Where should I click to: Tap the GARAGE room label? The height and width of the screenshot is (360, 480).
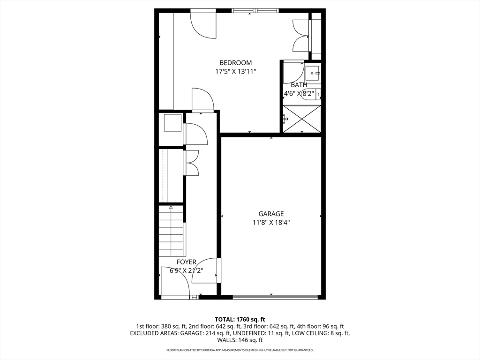tap(271, 214)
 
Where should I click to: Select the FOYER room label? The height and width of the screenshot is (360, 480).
tap(187, 262)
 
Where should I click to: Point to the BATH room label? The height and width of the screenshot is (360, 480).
tap(299, 85)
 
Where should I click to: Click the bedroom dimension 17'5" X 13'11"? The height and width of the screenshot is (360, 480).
tap(235, 72)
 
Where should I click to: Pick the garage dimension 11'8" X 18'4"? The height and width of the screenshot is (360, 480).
tap(271, 223)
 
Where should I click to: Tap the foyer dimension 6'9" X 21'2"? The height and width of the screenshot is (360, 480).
tap(187, 270)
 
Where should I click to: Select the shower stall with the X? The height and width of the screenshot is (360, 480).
tap(302, 119)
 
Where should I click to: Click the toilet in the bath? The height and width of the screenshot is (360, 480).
tap(312, 94)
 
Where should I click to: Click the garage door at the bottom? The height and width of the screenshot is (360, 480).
tap(275, 296)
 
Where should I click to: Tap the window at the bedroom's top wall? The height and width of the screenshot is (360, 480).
tap(255, 11)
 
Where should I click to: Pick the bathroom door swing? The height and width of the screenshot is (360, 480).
tap(293, 72)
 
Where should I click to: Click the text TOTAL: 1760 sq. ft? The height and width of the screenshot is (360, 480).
tap(240, 320)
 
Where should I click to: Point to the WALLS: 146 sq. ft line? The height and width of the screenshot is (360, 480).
tap(240, 340)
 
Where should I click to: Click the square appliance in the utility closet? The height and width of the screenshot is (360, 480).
tap(173, 123)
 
